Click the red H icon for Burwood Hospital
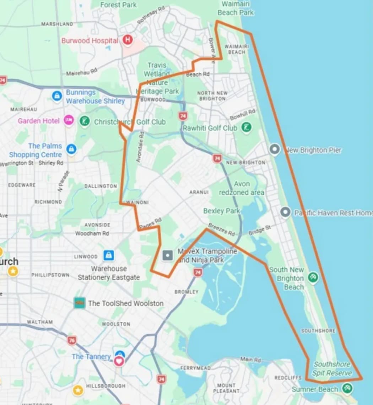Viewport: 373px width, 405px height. [x=127, y=40]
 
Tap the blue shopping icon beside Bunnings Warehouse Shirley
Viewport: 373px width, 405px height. [x=57, y=96]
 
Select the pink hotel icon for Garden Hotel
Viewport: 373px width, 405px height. [x=69, y=120]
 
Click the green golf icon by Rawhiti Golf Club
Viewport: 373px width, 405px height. [x=246, y=127]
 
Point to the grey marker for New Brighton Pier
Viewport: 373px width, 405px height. [x=274, y=150]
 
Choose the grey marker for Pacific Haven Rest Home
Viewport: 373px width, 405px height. [x=285, y=212]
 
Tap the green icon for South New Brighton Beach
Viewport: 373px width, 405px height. [x=313, y=277]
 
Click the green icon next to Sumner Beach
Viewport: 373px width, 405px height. [x=347, y=388]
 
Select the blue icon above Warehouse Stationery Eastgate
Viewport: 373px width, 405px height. [x=108, y=255]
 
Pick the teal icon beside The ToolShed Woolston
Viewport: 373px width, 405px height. [x=79, y=303]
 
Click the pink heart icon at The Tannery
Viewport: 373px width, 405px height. [x=119, y=361]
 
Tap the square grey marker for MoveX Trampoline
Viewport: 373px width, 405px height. [x=167, y=255]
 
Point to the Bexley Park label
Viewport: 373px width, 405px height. [x=222, y=211]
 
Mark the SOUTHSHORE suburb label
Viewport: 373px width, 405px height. [x=318, y=331]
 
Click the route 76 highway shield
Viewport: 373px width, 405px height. [x=72, y=340]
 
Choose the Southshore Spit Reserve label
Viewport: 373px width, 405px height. [x=332, y=369]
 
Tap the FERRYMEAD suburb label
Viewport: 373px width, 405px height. [x=195, y=368]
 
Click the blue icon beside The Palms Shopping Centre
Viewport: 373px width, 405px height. [x=71, y=149]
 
